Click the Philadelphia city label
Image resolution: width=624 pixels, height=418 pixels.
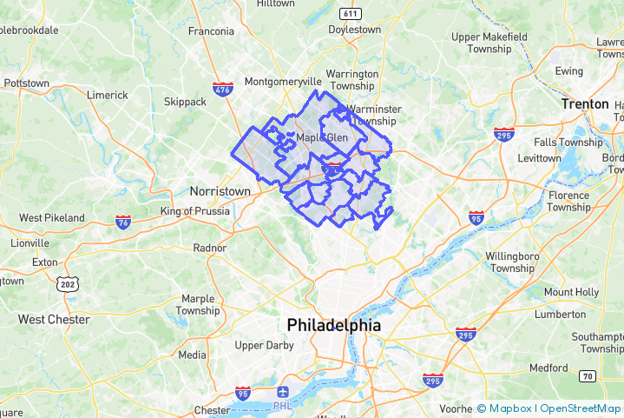[334, 325]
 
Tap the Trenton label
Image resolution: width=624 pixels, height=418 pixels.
[585, 103]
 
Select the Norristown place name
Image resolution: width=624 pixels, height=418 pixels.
[220, 191]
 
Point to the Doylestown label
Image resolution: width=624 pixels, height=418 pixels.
[355, 29]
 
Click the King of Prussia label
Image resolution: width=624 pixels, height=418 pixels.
[195, 211]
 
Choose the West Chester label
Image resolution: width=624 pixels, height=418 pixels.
[54, 319]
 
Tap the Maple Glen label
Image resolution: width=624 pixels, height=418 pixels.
[322, 137]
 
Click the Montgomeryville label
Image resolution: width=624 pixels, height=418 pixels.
[283, 81]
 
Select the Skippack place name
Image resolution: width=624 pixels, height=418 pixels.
[185, 102]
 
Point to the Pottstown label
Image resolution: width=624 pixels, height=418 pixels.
[26, 83]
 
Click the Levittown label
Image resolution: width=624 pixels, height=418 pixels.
[539, 158]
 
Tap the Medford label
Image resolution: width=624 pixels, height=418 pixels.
[548, 368]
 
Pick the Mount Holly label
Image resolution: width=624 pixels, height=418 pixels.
[571, 292]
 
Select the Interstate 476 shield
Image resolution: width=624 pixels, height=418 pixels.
[222, 89]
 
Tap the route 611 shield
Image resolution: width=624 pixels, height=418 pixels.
[351, 13]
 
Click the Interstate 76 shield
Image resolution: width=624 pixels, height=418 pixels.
[122, 222]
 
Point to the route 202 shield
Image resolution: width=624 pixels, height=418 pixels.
[67, 284]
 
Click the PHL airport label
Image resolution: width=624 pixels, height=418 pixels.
[283, 405]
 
